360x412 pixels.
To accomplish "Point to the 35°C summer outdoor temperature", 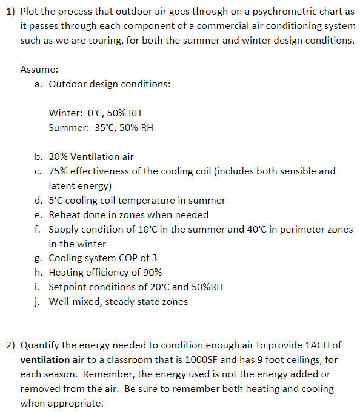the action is coord(107,128).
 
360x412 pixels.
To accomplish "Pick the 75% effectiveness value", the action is coord(59,171).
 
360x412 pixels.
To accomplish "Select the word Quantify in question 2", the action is coord(39,345).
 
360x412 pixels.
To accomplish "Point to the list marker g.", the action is coord(38,258).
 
